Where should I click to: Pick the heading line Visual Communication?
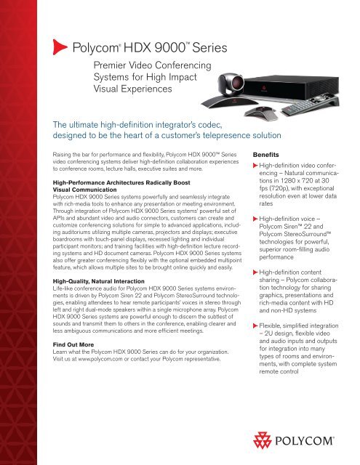point(84,185)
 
